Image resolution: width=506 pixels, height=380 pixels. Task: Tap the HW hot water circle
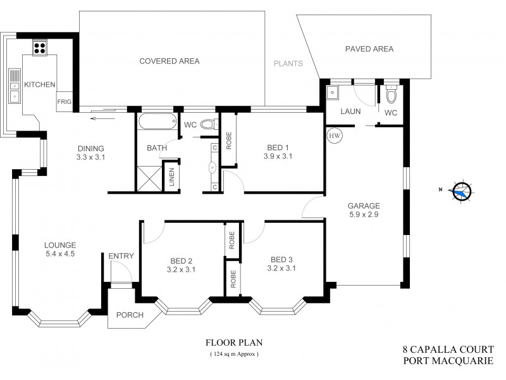click(x=333, y=136)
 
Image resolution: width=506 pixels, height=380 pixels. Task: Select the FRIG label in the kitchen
click(x=65, y=101)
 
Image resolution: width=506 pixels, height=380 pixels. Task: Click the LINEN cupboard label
click(x=170, y=177)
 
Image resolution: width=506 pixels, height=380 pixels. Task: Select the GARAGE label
click(x=364, y=206)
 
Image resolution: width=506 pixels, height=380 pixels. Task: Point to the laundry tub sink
click(x=333, y=92)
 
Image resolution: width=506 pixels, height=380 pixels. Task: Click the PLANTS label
click(x=288, y=63)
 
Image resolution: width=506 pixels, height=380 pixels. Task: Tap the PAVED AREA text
click(x=369, y=49)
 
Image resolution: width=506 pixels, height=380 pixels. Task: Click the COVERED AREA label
click(x=169, y=61)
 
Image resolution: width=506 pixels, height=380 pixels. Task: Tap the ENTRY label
click(x=121, y=255)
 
